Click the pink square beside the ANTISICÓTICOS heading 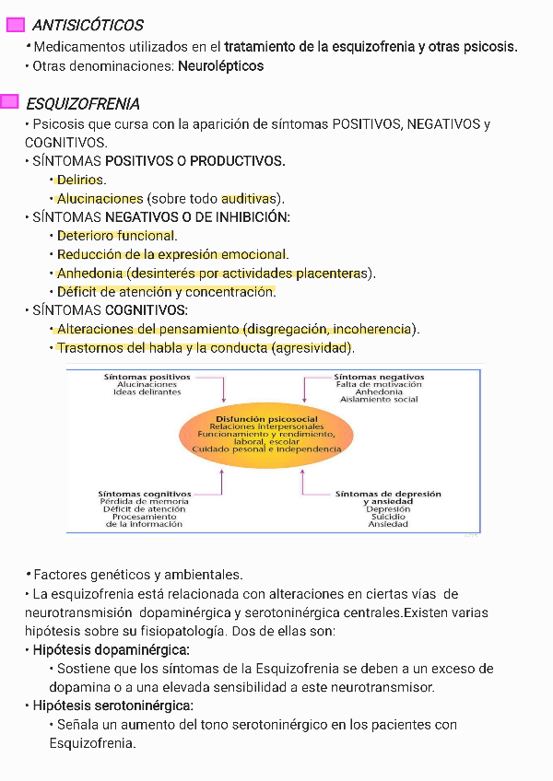(15, 25)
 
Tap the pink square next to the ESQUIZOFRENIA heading (11, 101)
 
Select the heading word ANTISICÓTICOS (88, 25)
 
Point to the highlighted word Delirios (81, 180)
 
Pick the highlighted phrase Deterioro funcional (115, 236)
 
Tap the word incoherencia (371, 329)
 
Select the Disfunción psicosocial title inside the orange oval (266, 418)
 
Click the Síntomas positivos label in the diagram (147, 377)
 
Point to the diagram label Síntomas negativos (379, 377)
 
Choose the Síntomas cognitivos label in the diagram (146, 494)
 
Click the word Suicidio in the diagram (388, 517)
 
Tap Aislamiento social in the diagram (379, 400)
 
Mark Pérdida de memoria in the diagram (145, 502)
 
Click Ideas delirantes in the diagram (147, 392)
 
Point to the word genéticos (119, 574)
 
